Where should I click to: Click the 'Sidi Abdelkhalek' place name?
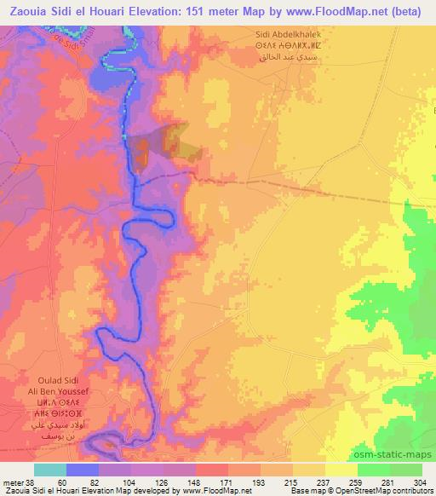[x=288, y=33]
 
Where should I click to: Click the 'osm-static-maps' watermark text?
[x=393, y=454]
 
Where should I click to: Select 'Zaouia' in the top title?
[x=31, y=10]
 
